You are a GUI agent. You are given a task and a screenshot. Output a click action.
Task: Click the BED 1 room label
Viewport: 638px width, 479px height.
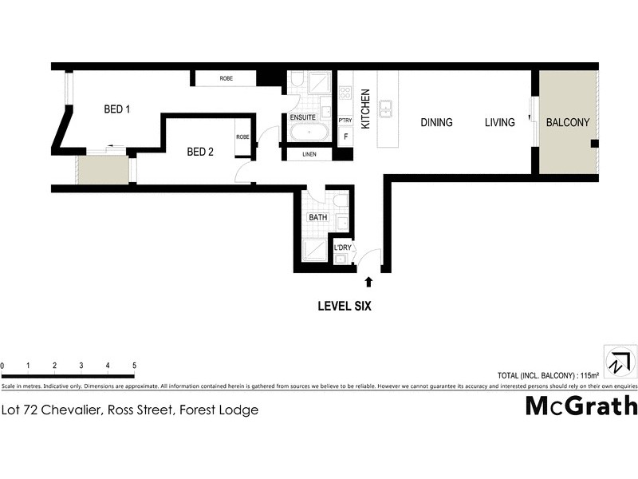click(x=116, y=109)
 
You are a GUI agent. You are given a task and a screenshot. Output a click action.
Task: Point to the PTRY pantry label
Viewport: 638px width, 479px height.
click(x=345, y=121)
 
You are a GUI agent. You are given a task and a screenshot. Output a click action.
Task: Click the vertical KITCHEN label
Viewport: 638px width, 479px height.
click(x=366, y=109)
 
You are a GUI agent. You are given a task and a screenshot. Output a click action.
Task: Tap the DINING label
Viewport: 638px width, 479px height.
click(x=436, y=123)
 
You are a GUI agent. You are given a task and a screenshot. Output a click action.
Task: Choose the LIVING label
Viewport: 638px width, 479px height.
click(x=500, y=123)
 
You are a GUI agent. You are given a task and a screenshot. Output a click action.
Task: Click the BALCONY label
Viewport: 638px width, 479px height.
click(x=567, y=123)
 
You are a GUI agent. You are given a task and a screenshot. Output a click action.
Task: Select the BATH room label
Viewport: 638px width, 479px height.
click(x=318, y=217)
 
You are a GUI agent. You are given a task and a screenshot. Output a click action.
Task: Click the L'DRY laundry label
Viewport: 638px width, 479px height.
click(x=343, y=249)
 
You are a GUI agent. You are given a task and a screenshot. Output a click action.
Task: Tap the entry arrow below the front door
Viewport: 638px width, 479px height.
click(x=368, y=281)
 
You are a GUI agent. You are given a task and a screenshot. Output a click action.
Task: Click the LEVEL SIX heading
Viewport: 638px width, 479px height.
click(x=345, y=305)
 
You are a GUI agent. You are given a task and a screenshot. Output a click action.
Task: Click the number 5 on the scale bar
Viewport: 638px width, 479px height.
click(x=134, y=366)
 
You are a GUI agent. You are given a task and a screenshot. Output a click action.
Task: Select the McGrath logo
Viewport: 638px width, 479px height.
click(x=581, y=406)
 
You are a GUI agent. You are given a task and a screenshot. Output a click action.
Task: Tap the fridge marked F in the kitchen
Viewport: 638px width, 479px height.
click(x=345, y=137)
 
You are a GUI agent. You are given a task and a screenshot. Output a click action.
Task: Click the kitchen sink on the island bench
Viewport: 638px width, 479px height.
click(x=387, y=106)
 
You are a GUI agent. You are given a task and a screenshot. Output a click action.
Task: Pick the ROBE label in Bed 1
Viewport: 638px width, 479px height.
click(x=226, y=78)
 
